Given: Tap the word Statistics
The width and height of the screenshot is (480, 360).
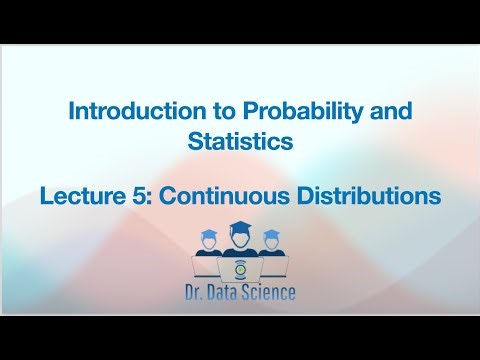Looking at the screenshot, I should click(x=240, y=141).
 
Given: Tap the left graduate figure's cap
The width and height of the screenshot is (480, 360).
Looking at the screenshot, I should click(x=210, y=235).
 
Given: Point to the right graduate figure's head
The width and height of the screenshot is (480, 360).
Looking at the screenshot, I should click(x=271, y=243).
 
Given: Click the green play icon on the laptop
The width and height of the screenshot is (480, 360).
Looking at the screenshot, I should click(x=240, y=271).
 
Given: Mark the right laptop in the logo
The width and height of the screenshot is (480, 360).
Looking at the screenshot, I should click(x=271, y=266).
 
